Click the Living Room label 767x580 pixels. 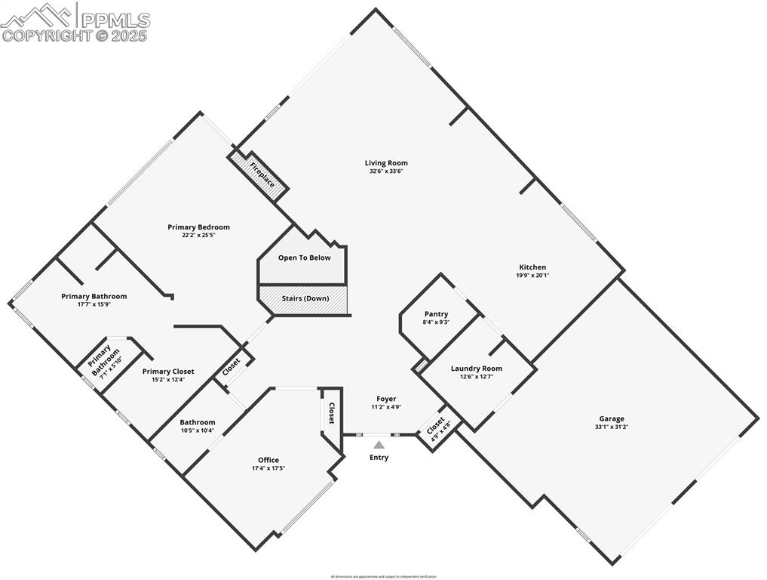click(386, 162)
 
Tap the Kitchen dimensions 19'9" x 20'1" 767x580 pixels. click(532, 276)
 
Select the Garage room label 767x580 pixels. click(612, 418)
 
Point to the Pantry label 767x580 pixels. click(436, 314)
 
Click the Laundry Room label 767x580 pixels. click(477, 369)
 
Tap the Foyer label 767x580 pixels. click(386, 399)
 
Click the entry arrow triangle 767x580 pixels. click(379, 445)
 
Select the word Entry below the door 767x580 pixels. click(379, 458)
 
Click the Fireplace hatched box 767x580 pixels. click(260, 175)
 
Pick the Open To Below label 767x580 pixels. click(304, 258)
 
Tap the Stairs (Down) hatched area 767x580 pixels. click(305, 298)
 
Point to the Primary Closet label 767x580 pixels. click(168, 372)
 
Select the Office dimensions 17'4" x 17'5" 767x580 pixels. click(268, 468)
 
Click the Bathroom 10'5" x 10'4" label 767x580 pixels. click(197, 426)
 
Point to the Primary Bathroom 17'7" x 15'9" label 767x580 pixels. click(94, 300)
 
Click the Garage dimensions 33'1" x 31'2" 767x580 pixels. click(612, 427)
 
